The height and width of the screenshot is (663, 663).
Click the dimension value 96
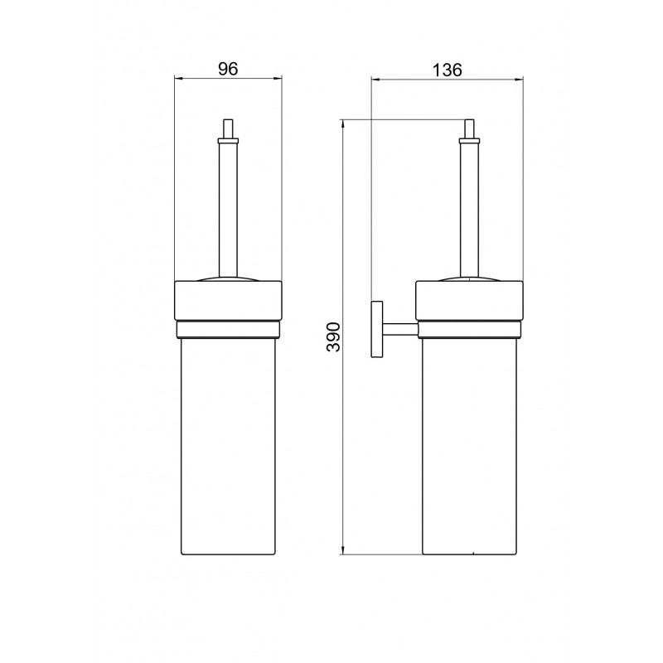coord(228,69)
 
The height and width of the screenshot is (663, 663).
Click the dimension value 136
coord(447,70)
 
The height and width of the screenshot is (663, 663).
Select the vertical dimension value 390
coord(333,337)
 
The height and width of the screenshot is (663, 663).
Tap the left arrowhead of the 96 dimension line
coord(178,78)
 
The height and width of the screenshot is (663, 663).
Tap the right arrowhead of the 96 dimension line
coord(278,78)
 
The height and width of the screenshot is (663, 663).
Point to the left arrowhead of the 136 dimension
coord(375,79)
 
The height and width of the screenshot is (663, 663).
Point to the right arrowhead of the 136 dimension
coord(520,79)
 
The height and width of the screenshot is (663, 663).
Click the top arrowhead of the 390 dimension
coord(343,123)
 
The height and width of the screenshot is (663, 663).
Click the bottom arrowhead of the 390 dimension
coord(343,550)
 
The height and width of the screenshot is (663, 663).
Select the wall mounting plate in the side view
coord(377,329)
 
